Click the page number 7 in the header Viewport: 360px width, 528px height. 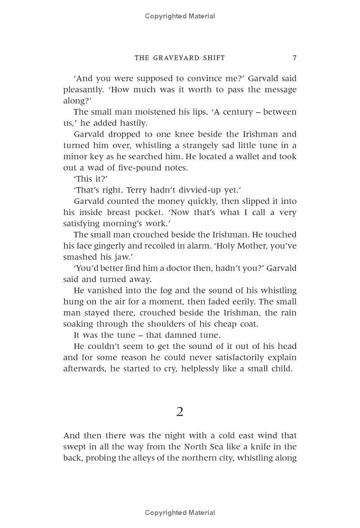pyautogui.click(x=294, y=58)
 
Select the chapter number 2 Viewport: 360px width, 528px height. pyautogui.click(x=180, y=412)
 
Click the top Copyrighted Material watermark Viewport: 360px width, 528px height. pyautogui.click(x=180, y=16)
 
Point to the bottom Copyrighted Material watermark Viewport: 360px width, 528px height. pyautogui.click(x=180, y=513)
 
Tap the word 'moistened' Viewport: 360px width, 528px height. pyautogui.click(x=149, y=112)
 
